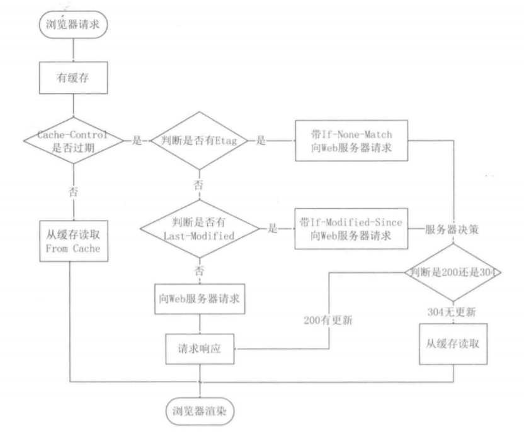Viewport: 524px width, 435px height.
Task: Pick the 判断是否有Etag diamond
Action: click(x=198, y=141)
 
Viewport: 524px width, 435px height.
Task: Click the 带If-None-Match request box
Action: click(x=351, y=141)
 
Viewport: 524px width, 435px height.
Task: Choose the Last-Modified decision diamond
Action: click(x=198, y=229)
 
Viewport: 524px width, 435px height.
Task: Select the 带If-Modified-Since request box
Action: click(x=351, y=229)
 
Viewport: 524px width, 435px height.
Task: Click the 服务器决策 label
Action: click(x=452, y=229)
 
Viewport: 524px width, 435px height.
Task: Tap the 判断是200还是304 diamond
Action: click(x=453, y=273)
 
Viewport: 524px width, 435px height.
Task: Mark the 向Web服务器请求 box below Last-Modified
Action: click(x=199, y=299)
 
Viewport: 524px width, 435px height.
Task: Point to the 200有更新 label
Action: click(x=327, y=320)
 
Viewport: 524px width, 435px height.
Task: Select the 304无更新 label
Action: click(x=453, y=311)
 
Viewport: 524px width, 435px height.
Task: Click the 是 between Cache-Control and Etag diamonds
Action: click(x=137, y=141)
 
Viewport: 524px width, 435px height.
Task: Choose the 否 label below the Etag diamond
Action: click(x=199, y=184)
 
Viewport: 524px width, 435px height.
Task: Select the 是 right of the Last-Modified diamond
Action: click(x=273, y=229)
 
